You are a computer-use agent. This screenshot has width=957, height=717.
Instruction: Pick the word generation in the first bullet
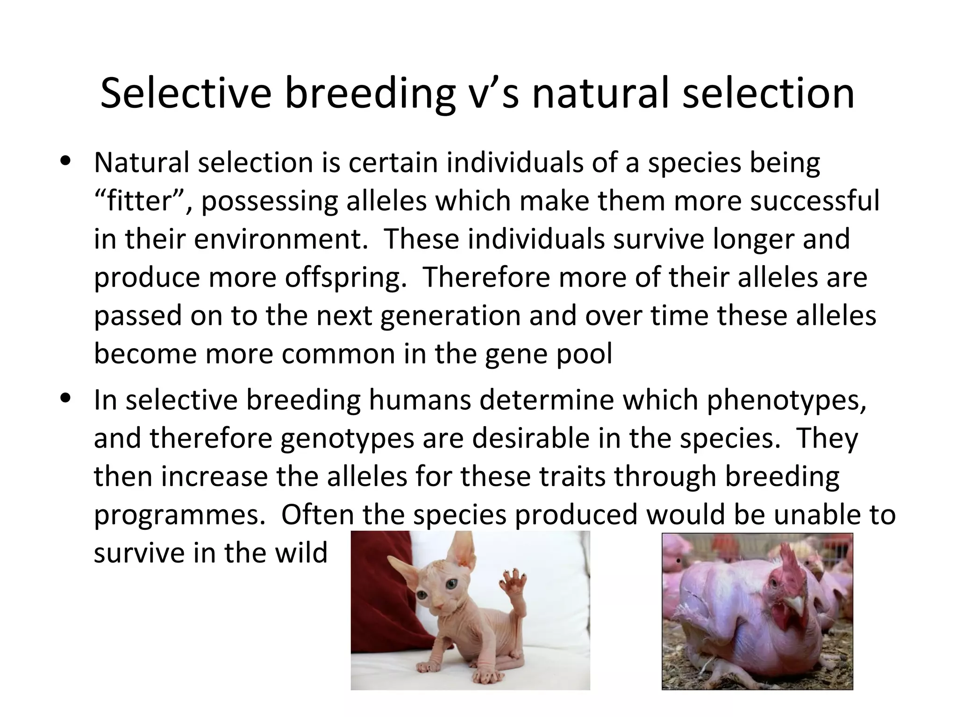450,316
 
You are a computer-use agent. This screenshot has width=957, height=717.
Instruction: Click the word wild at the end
301,553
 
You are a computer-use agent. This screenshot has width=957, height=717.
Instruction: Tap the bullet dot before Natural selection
65,161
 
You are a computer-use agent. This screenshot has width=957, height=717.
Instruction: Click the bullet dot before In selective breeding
65,398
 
